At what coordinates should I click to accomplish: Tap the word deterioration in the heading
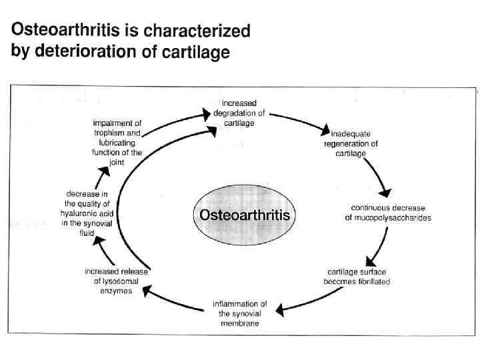click(89, 51)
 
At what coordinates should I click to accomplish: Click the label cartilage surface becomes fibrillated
click(357, 277)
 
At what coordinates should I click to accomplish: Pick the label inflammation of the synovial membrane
click(240, 313)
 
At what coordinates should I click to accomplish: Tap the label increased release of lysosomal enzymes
click(116, 281)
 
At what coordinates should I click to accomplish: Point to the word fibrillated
click(373, 282)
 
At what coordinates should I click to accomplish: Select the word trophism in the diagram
click(109, 133)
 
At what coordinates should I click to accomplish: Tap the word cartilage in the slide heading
click(195, 53)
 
